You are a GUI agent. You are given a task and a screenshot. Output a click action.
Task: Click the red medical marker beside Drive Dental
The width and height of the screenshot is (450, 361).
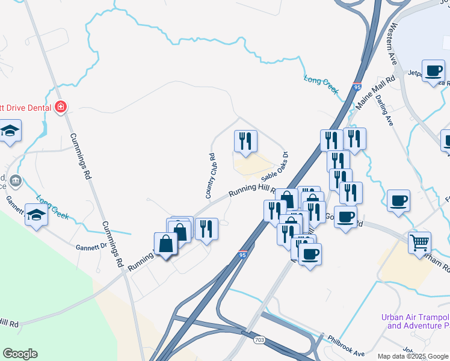tap(60, 108)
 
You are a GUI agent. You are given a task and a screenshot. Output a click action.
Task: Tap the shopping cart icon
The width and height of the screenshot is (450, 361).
tap(420, 243)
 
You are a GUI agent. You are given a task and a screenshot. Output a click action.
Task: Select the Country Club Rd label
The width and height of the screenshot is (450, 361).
tap(211, 176)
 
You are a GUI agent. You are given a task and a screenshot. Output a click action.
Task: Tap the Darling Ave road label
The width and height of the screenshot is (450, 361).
tap(386, 112)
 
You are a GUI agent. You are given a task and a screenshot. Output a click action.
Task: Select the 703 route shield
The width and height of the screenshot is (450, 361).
tap(259, 340)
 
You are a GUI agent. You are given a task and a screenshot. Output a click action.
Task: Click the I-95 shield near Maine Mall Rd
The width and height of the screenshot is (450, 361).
tap(357, 87)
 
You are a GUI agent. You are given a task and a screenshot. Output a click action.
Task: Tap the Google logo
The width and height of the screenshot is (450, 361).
tap(20, 353)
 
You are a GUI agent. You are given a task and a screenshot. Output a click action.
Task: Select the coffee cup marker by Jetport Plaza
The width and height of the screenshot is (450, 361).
tap(433, 70)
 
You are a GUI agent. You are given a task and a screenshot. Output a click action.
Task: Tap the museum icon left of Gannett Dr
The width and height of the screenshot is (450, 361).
tap(16, 180)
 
